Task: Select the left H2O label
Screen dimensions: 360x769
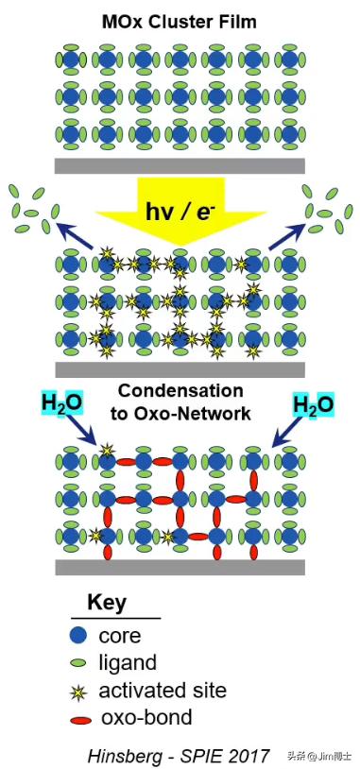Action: click(x=61, y=404)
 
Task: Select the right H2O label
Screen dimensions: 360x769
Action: click(x=313, y=404)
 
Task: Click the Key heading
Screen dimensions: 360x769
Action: click(x=106, y=603)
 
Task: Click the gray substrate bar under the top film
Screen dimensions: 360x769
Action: click(x=180, y=166)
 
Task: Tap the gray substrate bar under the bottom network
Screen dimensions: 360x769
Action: click(x=180, y=567)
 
